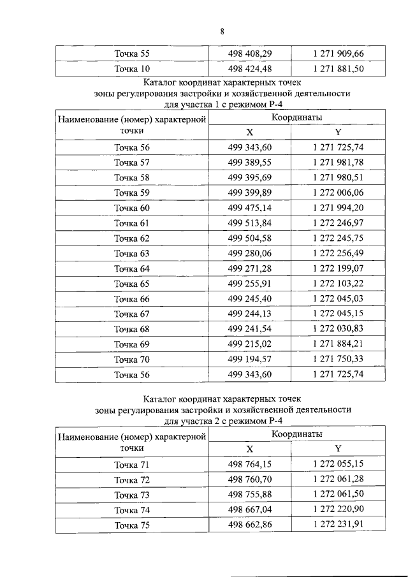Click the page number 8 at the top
click(222, 31)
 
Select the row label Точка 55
click(132, 54)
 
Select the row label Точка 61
click(132, 223)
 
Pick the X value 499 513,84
click(250, 223)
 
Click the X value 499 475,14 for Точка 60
click(250, 208)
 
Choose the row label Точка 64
click(132, 268)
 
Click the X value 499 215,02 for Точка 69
click(250, 344)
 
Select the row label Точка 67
click(132, 314)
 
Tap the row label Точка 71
click(132, 464)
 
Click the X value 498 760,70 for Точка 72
click(250, 479)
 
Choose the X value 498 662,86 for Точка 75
click(250, 525)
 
